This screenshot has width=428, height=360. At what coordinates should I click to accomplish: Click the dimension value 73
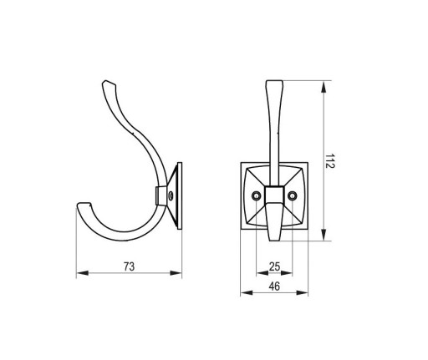click(129, 266)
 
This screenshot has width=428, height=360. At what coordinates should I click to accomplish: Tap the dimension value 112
click(330, 160)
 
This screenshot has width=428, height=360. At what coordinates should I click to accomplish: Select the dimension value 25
click(274, 266)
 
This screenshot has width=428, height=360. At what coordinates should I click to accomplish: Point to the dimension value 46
click(274, 286)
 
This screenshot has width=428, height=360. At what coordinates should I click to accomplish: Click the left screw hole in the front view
click(256, 196)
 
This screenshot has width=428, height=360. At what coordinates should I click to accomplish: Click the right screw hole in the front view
click(293, 196)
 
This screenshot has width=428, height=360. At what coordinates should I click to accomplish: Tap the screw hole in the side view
click(171, 196)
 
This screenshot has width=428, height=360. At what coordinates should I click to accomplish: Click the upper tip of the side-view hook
click(104, 81)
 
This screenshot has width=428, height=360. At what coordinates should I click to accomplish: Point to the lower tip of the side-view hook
click(83, 204)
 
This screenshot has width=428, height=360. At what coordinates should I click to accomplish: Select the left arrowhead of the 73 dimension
click(82, 273)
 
